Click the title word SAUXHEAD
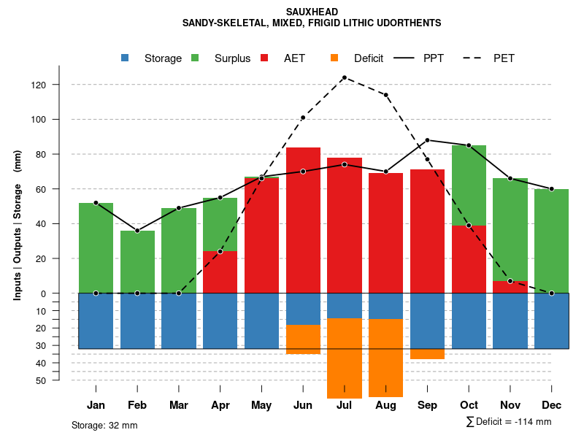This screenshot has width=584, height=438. tap(312, 12)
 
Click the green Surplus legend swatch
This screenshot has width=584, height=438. tap(195, 58)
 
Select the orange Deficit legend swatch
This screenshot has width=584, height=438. tap(334, 58)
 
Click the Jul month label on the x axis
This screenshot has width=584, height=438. tap(345, 405)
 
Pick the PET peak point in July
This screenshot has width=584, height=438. tap(345, 77)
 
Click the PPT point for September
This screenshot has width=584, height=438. tap(428, 140)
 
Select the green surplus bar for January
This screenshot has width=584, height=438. tap(96, 247)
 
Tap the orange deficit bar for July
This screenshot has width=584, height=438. tap(345, 358)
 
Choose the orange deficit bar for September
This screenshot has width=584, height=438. tap(428, 354)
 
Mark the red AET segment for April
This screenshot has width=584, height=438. tap(220, 272)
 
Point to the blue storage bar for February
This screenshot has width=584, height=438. tap(137, 320)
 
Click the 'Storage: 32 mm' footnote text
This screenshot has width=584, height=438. tap(104, 425)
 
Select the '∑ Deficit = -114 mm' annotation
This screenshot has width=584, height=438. tap(508, 422)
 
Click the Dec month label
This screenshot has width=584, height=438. tap(552, 405)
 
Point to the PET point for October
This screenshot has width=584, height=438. tap(469, 226)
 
